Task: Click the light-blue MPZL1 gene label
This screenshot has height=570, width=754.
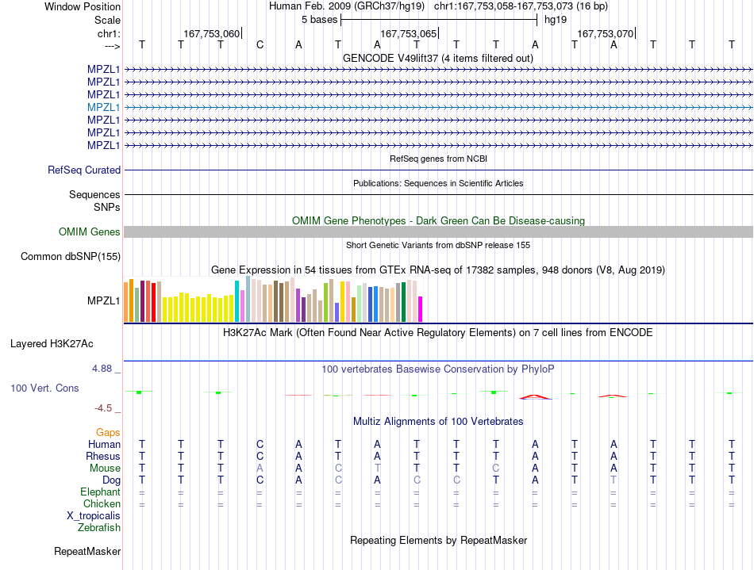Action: [x=103, y=108]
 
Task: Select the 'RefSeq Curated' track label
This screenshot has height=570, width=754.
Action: [x=84, y=170]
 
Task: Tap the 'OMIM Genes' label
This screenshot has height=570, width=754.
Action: [x=90, y=232]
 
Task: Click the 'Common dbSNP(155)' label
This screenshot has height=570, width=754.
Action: [x=71, y=256]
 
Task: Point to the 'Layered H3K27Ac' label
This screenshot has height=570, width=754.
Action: [x=52, y=344]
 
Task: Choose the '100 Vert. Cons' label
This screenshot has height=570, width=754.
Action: [x=44, y=388]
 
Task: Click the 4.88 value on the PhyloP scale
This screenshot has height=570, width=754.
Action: [x=102, y=369]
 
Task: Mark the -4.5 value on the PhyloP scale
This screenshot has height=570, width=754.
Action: [x=103, y=408]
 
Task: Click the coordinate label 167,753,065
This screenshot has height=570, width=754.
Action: [x=408, y=33]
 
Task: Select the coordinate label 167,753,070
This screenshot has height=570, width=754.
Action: [x=605, y=33]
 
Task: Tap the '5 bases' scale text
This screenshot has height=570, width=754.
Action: [x=319, y=20]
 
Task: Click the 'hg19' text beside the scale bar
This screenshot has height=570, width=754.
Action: [x=556, y=20]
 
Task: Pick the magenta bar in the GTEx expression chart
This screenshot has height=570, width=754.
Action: [x=421, y=309]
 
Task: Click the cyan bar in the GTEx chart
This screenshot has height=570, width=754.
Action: [x=237, y=301]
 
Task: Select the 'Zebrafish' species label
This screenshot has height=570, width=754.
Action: [x=99, y=528]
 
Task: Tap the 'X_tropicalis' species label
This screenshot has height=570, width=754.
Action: [x=94, y=516]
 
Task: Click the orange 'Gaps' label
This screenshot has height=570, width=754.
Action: [x=108, y=433]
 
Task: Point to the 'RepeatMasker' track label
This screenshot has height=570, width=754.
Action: [x=87, y=551]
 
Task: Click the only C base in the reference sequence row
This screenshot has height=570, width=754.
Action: [x=260, y=45]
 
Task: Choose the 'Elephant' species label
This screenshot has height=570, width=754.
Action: [x=100, y=492]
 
